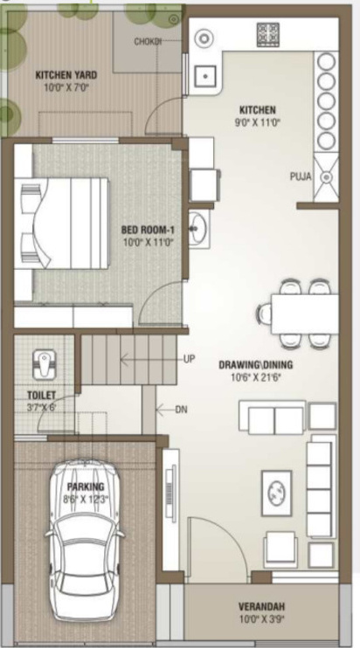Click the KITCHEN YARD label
60,80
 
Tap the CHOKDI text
148,41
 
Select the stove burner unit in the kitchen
267,34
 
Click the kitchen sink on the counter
205,77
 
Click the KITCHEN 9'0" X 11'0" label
258,115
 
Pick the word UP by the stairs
190,359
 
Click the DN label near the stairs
181,408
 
